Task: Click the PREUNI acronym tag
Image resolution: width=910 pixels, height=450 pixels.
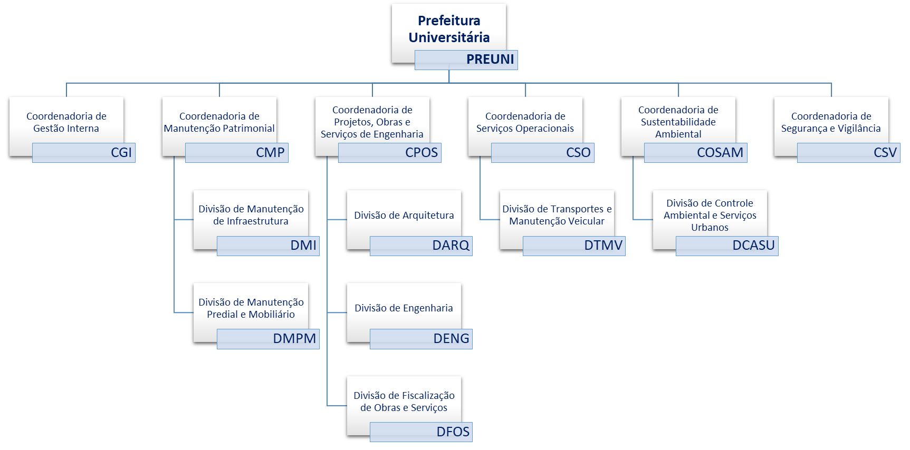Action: tap(466, 60)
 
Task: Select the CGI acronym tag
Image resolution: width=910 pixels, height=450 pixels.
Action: tap(84, 153)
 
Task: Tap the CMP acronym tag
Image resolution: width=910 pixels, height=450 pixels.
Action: tap(237, 153)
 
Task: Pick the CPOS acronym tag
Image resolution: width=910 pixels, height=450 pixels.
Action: tap(390, 153)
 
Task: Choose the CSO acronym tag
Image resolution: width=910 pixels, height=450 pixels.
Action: tap(543, 153)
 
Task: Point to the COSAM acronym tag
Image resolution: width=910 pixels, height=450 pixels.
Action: tap(696, 153)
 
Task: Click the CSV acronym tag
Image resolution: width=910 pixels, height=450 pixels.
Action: tap(849, 153)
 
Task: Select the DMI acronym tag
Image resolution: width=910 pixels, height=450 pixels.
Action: tap(268, 246)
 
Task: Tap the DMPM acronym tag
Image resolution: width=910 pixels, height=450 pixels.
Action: tap(268, 339)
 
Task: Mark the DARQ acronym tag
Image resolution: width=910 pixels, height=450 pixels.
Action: tap(421, 246)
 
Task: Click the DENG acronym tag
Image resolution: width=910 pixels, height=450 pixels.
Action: tap(421, 339)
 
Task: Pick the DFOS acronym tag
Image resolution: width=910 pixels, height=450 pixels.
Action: tap(421, 432)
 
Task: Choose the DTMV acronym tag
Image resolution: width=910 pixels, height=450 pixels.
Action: tap(574, 246)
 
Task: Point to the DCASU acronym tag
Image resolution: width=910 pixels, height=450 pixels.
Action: tap(727, 246)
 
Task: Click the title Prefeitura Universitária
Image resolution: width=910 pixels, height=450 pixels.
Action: tap(449, 29)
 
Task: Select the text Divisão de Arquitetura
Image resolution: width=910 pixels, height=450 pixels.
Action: tap(404, 215)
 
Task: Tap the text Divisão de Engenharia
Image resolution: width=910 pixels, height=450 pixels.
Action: tap(404, 308)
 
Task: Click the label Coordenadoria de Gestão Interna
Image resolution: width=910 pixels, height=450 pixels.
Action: tap(66, 122)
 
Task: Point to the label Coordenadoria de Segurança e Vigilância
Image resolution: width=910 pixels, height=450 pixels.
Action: tap(831, 122)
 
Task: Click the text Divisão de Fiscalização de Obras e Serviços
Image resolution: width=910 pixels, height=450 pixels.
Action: tap(404, 402)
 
